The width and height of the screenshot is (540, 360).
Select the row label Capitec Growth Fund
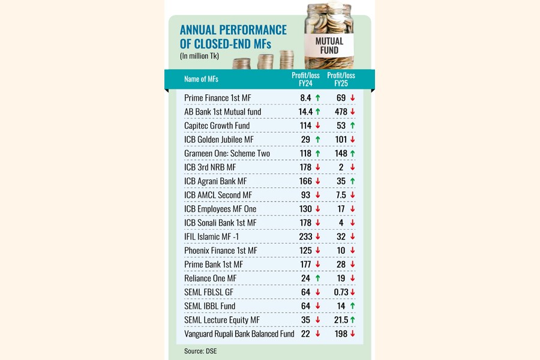217,125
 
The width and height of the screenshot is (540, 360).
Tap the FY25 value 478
341,112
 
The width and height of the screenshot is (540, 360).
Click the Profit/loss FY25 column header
341,79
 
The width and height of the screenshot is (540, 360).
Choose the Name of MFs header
203,79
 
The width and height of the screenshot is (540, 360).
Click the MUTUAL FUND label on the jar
329,46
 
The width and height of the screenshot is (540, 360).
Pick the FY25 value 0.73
341,292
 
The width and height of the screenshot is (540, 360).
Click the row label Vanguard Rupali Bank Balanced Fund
239,334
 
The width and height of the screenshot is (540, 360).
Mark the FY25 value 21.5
340,320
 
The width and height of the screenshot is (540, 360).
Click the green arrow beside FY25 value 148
353,154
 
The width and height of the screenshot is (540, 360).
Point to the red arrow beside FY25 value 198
353,334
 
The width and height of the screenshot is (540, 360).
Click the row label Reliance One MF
210,278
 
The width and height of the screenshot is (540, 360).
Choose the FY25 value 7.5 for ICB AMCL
341,195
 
